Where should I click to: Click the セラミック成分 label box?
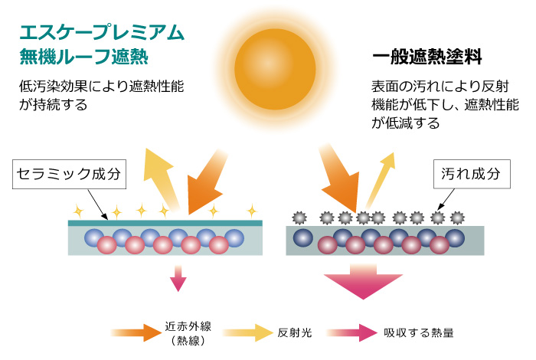pos(70,174)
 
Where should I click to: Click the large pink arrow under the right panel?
pos(368,283)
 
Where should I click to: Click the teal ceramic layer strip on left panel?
pos(165,223)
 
